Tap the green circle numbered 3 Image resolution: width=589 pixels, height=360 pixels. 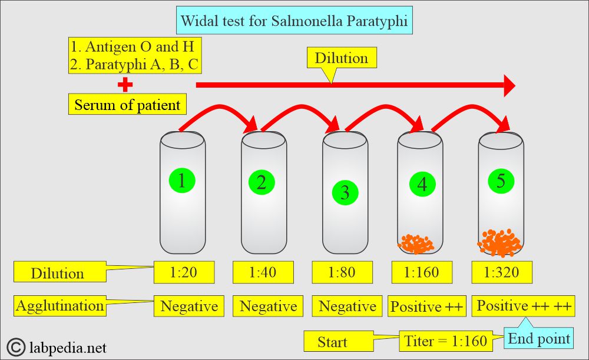pos(345,192)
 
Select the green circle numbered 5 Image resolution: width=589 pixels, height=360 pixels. pos(501,181)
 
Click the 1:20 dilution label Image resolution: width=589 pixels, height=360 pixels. pos(184,272)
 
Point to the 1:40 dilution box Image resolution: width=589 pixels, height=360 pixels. pos(262,272)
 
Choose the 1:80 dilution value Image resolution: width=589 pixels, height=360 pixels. pos(342,272)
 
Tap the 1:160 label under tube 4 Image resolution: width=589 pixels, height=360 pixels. pos(421,272)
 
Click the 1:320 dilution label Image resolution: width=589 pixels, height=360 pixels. pos(502,272)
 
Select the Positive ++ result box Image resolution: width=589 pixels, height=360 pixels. pos(426,306)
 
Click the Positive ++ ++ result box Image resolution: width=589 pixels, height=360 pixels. pos(523,306)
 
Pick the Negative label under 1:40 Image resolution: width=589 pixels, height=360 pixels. pos(268,306)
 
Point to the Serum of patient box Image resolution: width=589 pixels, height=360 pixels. pos(127,105)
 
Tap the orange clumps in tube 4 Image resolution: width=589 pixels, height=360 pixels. pos(416,243)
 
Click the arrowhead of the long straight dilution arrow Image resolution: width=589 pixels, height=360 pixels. pos(508,85)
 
